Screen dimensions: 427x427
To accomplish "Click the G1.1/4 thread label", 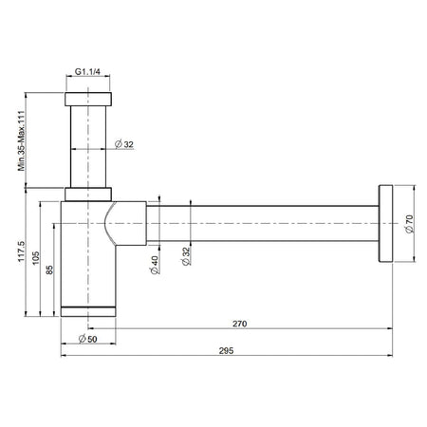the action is (x=87, y=72).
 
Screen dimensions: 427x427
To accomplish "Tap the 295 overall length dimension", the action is (x=226, y=350).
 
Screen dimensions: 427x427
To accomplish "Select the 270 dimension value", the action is (x=239, y=324).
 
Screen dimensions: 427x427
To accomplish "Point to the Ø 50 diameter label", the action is (x=88, y=339).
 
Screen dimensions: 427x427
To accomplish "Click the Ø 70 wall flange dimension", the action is (x=409, y=224).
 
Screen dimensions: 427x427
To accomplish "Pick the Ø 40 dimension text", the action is (x=154, y=265).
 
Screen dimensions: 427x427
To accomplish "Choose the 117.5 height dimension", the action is (x=21, y=251).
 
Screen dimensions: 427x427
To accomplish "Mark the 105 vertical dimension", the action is (x=36, y=258).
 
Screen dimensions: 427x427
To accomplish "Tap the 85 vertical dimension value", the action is (x=49, y=269).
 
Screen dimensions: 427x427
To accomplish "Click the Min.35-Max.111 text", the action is (x=21, y=140).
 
